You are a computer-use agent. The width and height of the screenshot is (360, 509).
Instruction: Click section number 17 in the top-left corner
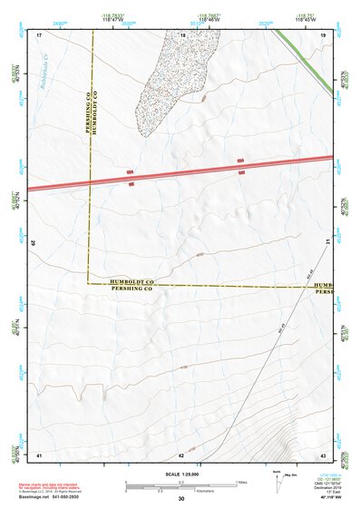40,34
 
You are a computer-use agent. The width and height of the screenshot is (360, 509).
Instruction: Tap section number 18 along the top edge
182,34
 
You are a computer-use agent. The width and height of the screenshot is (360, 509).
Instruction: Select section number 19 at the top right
323,34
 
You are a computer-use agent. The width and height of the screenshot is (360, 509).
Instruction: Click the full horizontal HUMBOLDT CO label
132,282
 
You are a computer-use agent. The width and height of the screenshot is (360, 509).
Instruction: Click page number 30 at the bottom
181,498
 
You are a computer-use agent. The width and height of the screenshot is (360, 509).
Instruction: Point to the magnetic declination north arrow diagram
277,483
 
